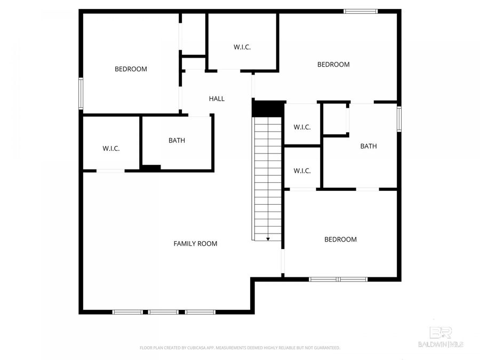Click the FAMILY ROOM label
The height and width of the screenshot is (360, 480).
(195, 244)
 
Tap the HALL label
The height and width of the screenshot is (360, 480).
(217, 99)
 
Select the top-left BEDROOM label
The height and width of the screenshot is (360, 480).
(131, 69)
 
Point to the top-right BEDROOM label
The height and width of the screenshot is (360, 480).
(333, 65)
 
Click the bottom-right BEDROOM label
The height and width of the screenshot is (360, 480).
(340, 239)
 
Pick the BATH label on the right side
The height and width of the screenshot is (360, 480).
(369, 146)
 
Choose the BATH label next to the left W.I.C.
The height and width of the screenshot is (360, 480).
(177, 141)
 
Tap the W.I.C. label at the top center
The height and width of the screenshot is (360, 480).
(242, 47)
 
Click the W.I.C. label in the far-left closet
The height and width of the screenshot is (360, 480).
(111, 148)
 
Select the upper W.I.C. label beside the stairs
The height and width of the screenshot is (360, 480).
(302, 127)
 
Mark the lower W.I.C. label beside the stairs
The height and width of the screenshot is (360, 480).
(302, 171)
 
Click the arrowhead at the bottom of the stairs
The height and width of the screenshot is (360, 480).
(268, 239)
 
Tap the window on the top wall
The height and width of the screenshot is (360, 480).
(361, 11)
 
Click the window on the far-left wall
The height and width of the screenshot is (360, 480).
(81, 93)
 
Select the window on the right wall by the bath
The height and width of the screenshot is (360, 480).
(398, 118)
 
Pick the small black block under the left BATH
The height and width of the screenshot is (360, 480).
(151, 168)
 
